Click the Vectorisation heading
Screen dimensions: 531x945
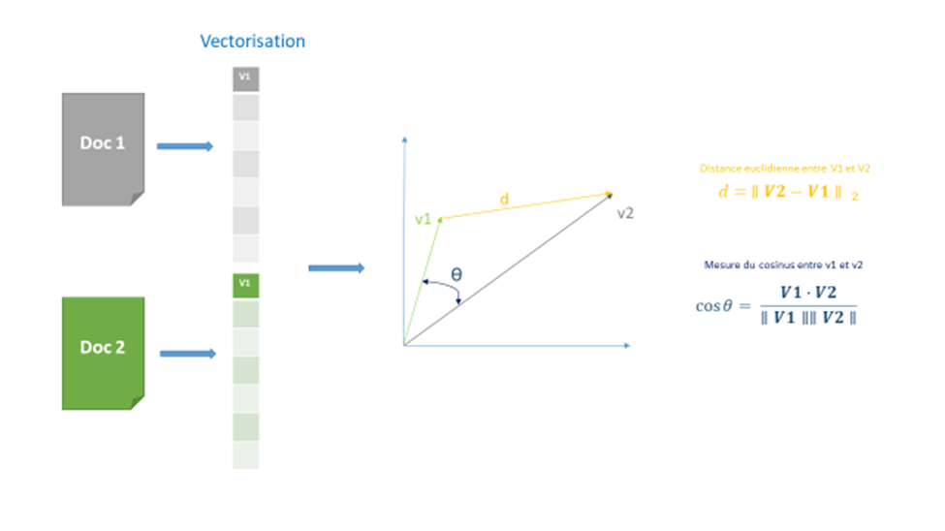tap(252, 42)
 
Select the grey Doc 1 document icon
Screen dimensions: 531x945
tap(103, 148)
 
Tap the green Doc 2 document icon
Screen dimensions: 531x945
tap(103, 352)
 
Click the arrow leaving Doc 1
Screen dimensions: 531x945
tap(184, 146)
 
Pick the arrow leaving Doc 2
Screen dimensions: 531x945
tap(187, 354)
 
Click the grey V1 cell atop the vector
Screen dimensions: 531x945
tap(245, 78)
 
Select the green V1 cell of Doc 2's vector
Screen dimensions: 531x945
tap(245, 284)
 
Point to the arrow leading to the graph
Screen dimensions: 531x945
tap(335, 267)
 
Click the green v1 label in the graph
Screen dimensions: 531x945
tap(423, 220)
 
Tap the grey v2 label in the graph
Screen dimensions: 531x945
tap(625, 212)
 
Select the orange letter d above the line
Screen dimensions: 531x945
tap(503, 200)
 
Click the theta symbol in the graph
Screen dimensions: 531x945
tap(457, 274)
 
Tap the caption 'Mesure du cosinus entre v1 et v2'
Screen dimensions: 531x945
tap(783, 264)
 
